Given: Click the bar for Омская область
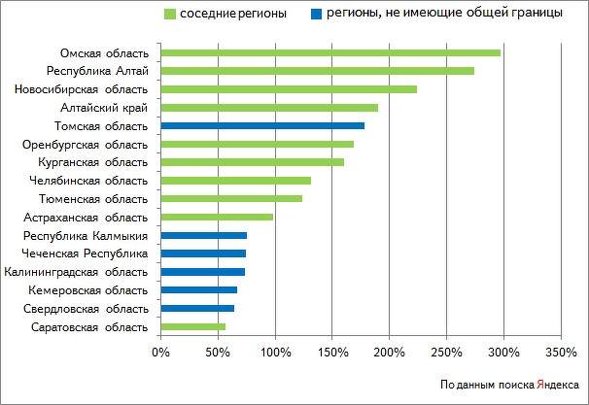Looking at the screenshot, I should tap(330, 52).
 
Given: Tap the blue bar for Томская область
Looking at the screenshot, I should tap(262, 125).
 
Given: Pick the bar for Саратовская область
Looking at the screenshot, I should tap(192, 326).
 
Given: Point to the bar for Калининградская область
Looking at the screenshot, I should tap(202, 272).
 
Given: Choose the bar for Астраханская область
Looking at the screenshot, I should tap(217, 217).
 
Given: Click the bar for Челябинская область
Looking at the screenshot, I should tap(235, 180).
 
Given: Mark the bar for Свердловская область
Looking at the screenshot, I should tap(197, 308).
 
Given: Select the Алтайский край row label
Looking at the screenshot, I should tap(115, 108).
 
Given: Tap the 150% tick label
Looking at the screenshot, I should tap(332, 351).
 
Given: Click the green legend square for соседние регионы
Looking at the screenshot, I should tap(168, 15).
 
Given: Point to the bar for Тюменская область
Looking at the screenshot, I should tap(231, 198).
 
